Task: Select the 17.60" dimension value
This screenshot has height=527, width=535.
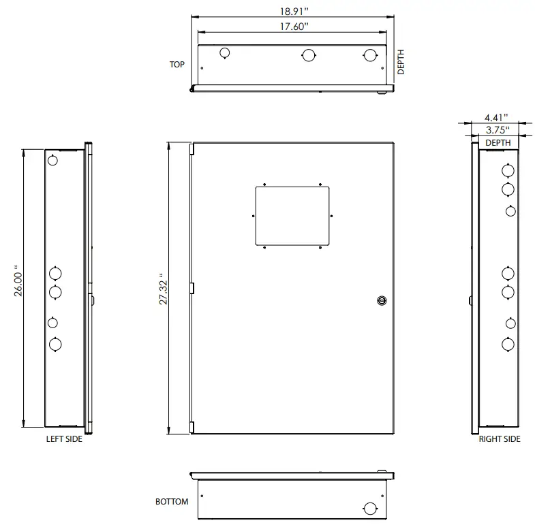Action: tap(294, 26)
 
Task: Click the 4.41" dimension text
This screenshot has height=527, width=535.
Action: tap(497, 118)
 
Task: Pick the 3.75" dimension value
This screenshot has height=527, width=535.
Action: tap(497, 130)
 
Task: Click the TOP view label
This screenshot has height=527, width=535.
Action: tap(177, 65)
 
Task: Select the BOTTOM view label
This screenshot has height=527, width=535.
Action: tap(172, 502)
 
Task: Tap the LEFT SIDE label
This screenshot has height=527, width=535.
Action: tap(64, 439)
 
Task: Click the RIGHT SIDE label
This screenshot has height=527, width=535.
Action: tap(499, 439)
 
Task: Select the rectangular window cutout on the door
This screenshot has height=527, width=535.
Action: tap(292, 215)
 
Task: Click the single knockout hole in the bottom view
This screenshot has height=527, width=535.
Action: tap(370, 508)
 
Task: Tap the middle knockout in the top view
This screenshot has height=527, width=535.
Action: tap(309, 54)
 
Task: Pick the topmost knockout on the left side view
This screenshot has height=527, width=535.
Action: tap(53, 161)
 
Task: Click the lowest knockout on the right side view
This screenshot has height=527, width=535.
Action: tap(508, 344)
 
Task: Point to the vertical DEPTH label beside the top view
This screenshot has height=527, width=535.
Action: tap(401, 61)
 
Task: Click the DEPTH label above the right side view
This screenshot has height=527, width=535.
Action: tap(497, 143)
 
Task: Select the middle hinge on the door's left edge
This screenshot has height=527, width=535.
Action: tap(192, 289)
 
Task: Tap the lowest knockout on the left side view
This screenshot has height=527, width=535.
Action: tap(55, 345)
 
